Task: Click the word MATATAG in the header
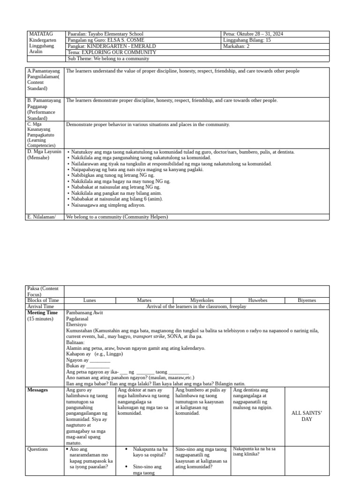pyautogui.click(x=41, y=34)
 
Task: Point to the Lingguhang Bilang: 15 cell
pyautogui.click(x=247, y=40)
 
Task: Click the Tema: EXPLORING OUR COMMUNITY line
pyautogui.click(x=105, y=52)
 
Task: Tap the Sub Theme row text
pyautogui.click(x=108, y=59)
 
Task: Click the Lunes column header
pyautogui.click(x=90, y=300)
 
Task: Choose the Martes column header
pyautogui.click(x=144, y=300)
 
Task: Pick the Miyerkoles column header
pyautogui.click(x=202, y=300)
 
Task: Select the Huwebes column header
pyautogui.click(x=257, y=300)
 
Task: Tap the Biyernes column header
pyautogui.click(x=307, y=300)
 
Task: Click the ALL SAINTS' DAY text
pyautogui.click(x=307, y=416)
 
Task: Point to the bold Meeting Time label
pyautogui.click(x=43, y=313)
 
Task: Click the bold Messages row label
pyautogui.click(x=37, y=390)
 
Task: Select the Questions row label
pyautogui.click(x=37, y=449)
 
